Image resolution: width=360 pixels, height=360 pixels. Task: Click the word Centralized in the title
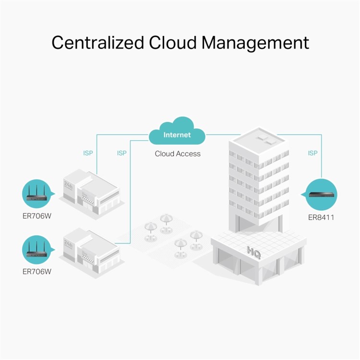(x=98, y=42)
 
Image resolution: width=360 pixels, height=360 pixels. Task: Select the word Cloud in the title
(x=173, y=42)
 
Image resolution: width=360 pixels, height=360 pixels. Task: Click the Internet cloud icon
(x=177, y=131)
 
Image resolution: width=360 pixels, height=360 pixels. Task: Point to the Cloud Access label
(x=178, y=154)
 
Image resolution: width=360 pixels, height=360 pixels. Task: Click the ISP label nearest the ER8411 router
(x=312, y=153)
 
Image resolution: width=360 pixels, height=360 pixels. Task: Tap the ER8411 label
(x=321, y=217)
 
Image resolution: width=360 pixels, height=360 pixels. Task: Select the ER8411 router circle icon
(x=321, y=195)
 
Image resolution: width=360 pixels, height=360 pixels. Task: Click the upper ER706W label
(x=37, y=216)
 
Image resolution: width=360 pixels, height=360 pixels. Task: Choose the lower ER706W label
(x=37, y=272)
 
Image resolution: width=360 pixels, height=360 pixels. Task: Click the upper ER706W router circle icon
(x=37, y=194)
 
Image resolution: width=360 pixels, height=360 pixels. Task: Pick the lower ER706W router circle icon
(x=37, y=250)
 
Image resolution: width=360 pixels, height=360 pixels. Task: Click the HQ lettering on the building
(x=254, y=252)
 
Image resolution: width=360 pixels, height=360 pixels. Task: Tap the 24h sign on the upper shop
(x=68, y=185)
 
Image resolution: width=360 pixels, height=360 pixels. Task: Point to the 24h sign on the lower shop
(x=68, y=243)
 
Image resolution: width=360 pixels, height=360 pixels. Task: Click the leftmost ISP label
(x=88, y=153)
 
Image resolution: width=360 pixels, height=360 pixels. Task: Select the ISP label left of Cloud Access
(x=122, y=153)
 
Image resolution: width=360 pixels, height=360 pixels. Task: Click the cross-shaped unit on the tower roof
(x=267, y=140)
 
